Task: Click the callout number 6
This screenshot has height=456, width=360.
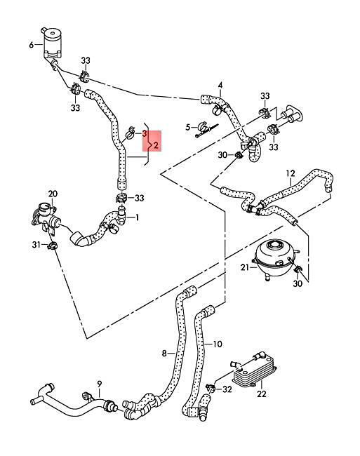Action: click(31, 45)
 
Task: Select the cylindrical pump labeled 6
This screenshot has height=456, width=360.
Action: click(52, 43)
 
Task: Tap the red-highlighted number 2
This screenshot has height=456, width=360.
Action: click(156, 145)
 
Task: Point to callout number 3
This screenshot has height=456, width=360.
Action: click(145, 134)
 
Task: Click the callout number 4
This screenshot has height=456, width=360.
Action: click(220, 85)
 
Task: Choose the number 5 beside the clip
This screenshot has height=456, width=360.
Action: click(188, 127)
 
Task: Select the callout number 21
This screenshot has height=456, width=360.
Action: click(245, 267)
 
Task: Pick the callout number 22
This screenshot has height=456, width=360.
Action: click(262, 394)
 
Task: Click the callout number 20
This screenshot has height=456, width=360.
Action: click(53, 194)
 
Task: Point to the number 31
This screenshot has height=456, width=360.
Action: click(36, 245)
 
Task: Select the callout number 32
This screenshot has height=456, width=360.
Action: click(227, 389)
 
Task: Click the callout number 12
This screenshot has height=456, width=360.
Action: click(291, 173)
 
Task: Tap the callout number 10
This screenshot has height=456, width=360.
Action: click(218, 344)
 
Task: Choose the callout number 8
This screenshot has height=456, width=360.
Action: click(164, 354)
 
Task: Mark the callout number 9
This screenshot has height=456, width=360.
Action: click(100, 384)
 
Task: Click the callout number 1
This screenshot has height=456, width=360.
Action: click(137, 217)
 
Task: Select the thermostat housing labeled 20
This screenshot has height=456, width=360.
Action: click(46, 218)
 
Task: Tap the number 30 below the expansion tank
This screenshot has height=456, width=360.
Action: click(298, 283)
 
